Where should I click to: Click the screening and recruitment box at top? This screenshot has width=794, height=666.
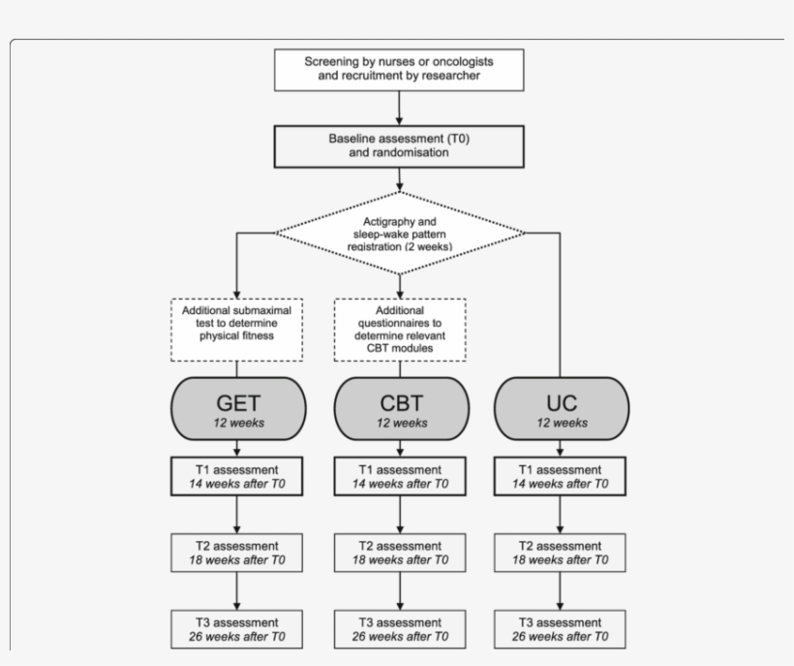point(399,68)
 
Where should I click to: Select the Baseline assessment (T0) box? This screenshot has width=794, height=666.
point(399,144)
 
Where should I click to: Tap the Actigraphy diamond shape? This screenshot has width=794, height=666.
point(399,233)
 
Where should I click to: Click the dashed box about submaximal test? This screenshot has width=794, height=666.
point(237,330)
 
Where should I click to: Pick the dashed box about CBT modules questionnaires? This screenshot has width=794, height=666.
point(399,330)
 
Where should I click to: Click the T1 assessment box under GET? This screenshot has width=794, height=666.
point(237,476)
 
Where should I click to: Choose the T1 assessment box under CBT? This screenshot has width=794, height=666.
point(399,476)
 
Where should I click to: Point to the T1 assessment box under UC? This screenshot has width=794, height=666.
point(561,476)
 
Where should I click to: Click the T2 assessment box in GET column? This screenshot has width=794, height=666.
point(237,553)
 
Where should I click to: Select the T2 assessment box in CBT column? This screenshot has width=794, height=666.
point(399,553)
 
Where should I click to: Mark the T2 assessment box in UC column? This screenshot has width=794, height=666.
point(561,553)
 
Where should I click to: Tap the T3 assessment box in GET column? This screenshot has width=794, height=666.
point(237,629)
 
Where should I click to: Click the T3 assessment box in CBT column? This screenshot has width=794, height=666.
point(399,629)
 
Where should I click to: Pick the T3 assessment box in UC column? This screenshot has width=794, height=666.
point(561,629)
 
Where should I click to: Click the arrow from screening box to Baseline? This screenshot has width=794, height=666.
point(399,107)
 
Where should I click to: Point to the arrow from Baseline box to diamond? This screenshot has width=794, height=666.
point(399,178)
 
